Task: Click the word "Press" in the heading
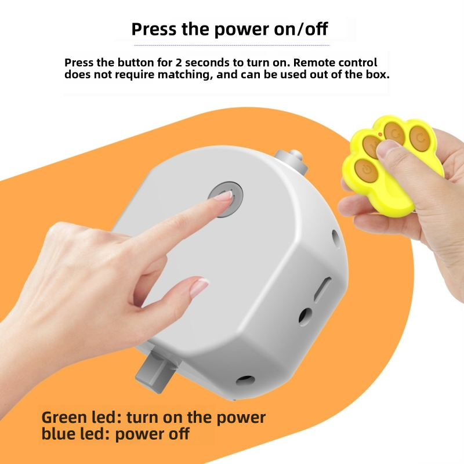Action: (x=154, y=28)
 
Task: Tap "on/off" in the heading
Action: (x=307, y=28)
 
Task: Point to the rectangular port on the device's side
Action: (x=322, y=289)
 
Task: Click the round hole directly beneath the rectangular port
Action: (x=305, y=316)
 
